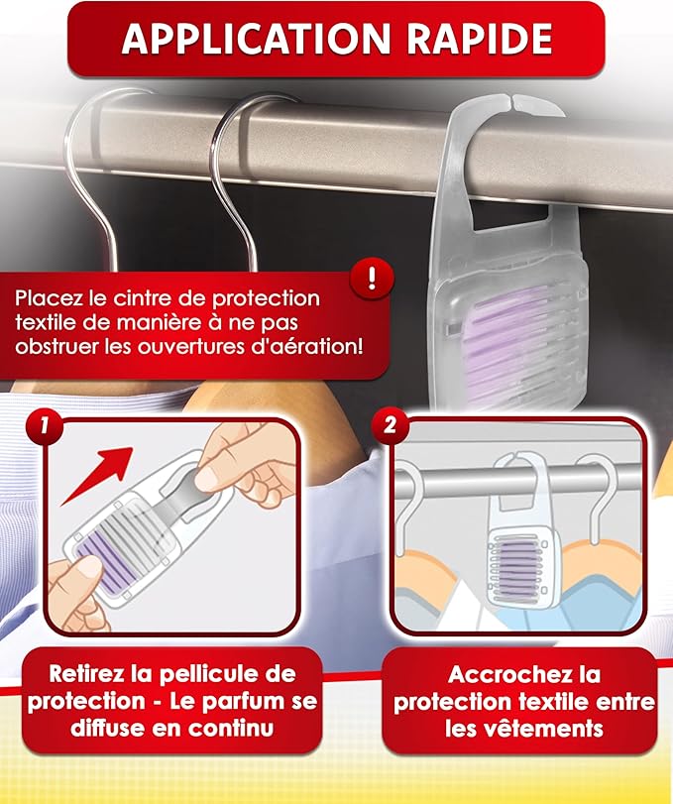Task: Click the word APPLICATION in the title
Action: tap(257, 39)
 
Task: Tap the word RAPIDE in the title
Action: tap(481, 39)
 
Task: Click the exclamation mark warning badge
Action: tap(372, 280)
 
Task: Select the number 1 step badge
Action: tap(44, 425)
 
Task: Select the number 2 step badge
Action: tap(391, 425)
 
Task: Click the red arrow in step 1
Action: tap(97, 475)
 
